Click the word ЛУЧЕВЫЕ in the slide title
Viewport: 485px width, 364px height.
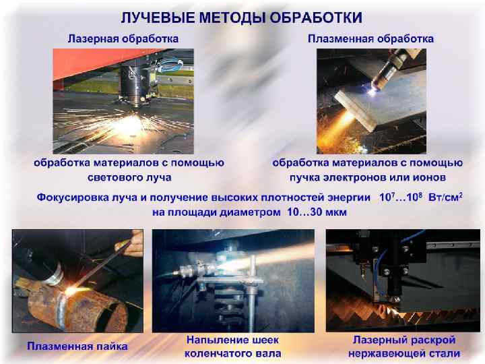tap(158, 18)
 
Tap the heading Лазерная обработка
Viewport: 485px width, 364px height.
tap(123, 38)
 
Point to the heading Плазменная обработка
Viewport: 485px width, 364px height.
tap(370, 38)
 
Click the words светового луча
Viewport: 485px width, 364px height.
tap(129, 177)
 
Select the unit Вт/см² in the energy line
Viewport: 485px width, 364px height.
tap(445, 197)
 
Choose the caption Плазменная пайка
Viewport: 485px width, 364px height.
tap(77, 346)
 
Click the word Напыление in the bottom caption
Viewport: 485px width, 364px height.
tap(214, 340)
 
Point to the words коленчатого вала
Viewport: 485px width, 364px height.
tap(232, 353)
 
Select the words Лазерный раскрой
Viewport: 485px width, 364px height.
tap(404, 340)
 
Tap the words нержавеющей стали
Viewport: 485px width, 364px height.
tap(404, 353)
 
